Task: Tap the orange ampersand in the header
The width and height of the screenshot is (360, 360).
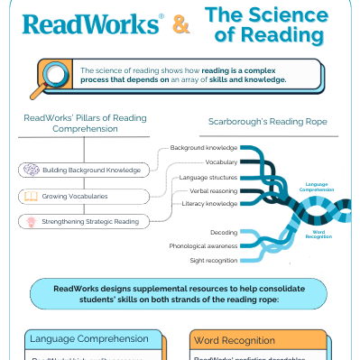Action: click(181, 25)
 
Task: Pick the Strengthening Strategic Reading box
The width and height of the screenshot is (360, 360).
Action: click(85, 220)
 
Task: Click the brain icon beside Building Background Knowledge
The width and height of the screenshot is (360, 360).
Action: click(30, 170)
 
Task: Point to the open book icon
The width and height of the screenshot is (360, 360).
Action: click(30, 195)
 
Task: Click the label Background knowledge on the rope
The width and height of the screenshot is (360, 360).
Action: click(203, 146)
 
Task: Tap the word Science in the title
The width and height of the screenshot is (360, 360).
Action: click(281, 14)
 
